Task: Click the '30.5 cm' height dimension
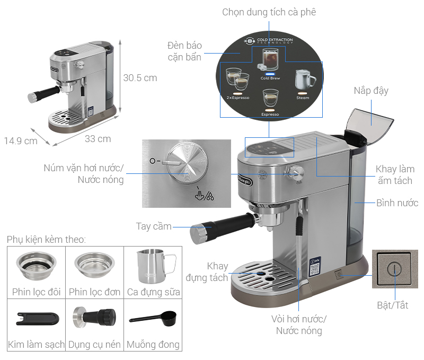pos(140,78)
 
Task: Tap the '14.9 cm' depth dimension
pos(21,141)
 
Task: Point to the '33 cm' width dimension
pos(98,139)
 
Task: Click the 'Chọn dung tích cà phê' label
pos(269,12)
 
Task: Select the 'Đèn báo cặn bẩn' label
pos(184,51)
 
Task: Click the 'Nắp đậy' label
pos(371,91)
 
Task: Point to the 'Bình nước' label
pos(397,203)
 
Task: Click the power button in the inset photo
pos(392,268)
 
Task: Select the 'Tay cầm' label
pos(154,226)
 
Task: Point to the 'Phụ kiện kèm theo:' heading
pos(46,240)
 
